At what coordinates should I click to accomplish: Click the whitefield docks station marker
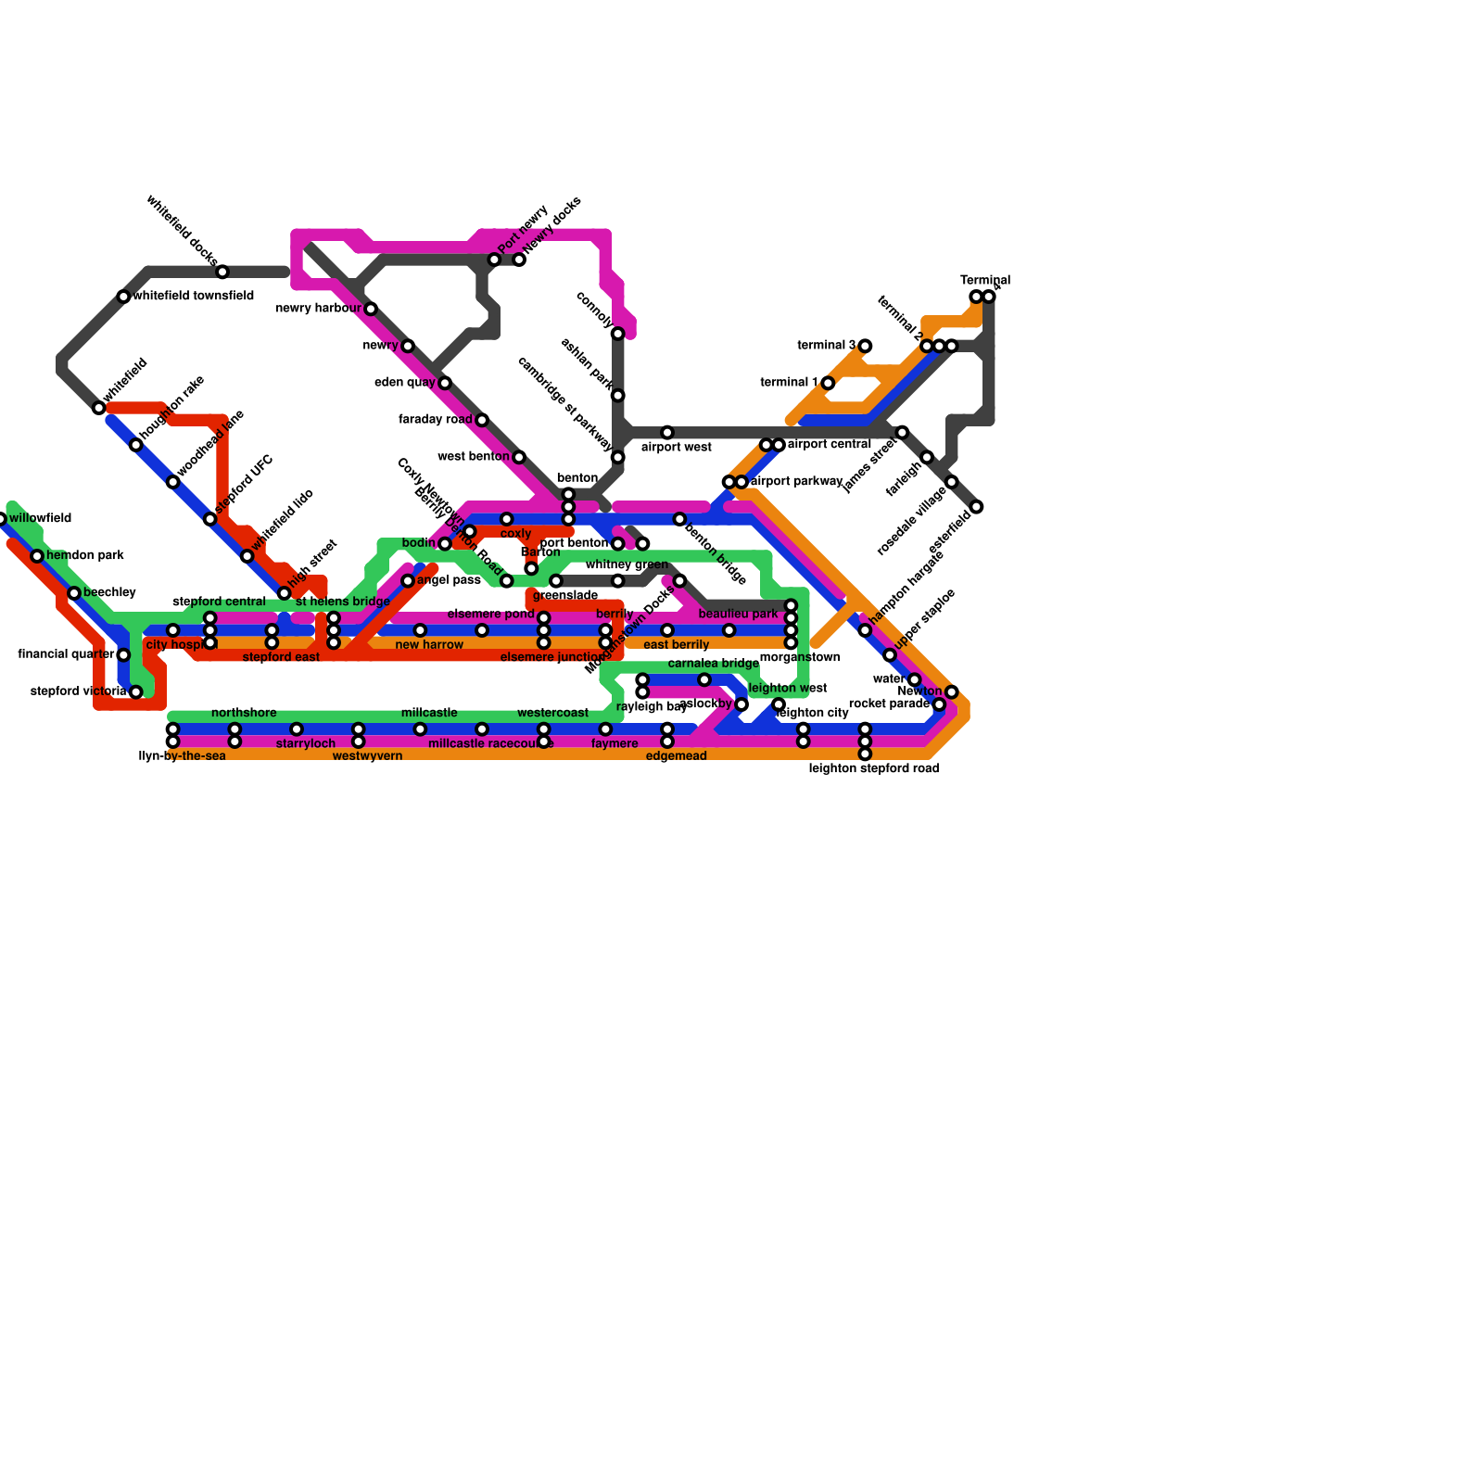[222, 272]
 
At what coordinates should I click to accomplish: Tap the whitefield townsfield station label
[193, 297]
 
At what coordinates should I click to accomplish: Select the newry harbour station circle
[371, 309]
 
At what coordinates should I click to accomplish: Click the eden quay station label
[404, 383]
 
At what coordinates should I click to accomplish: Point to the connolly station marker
[618, 334]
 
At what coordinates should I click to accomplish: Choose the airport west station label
[677, 448]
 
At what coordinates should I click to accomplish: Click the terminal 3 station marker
[865, 346]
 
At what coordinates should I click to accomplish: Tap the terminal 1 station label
[789, 383]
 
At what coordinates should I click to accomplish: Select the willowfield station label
[40, 519]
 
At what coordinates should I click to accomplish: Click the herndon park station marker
[37, 556]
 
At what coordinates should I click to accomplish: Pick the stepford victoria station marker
[136, 691]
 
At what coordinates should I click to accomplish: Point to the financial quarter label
[65, 654]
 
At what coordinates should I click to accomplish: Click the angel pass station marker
[408, 581]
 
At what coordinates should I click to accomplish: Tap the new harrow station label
[429, 645]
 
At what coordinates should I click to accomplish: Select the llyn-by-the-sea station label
[182, 756]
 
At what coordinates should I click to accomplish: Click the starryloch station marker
[297, 729]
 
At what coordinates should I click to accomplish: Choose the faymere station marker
[605, 729]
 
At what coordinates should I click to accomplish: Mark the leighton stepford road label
[873, 768]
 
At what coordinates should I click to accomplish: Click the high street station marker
[285, 593]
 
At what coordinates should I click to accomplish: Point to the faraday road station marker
[482, 420]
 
